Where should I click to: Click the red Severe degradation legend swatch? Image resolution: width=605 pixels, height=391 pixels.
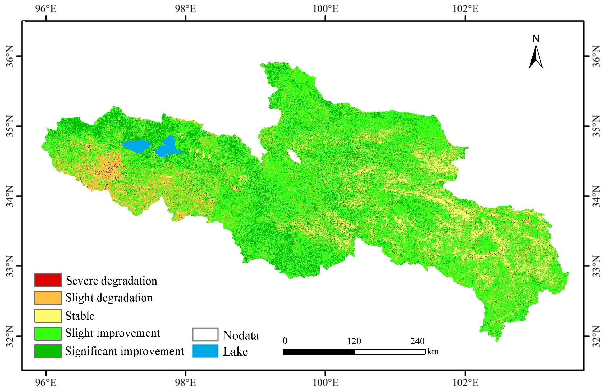tap(48, 280)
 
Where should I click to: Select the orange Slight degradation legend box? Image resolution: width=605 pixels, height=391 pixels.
tap(48, 298)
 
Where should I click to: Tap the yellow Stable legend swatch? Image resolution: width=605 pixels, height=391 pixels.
tap(48, 316)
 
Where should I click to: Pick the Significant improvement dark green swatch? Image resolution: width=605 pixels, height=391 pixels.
tap(48, 351)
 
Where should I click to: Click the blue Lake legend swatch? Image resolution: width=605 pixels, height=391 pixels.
tap(205, 351)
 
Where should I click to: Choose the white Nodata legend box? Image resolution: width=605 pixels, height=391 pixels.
tap(205, 335)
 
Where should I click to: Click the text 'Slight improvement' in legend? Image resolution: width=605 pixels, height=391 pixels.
tap(112, 333)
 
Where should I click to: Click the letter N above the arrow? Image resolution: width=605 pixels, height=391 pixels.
tap(536, 39)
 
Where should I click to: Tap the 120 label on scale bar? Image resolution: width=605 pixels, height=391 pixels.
tap(354, 341)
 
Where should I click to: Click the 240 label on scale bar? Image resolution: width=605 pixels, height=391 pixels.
tap(418, 341)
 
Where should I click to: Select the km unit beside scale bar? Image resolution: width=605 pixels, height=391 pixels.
tap(433, 352)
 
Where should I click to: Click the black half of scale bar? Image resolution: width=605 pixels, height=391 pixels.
tap(319, 352)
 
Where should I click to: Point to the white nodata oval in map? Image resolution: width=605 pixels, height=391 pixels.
tap(294, 156)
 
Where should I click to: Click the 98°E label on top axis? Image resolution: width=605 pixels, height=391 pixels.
tap(185, 9)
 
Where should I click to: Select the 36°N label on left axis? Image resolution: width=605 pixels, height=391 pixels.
tap(10, 56)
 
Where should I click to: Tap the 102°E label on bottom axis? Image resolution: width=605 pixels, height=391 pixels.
tap(465, 383)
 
